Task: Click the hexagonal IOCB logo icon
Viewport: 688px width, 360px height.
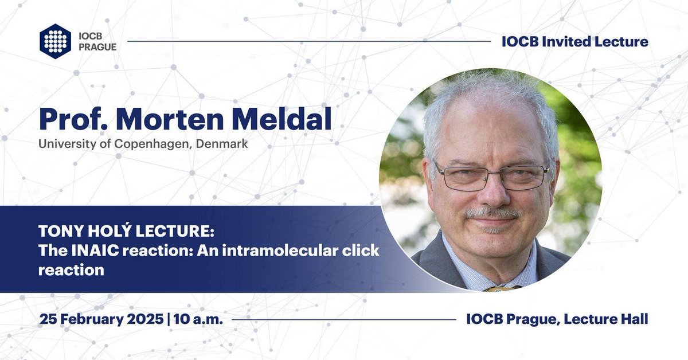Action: [x=56, y=41]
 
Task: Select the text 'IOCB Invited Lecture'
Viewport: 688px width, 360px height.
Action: [x=574, y=41]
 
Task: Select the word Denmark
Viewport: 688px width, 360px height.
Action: [x=221, y=144]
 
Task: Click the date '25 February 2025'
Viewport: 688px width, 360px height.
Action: [x=101, y=319]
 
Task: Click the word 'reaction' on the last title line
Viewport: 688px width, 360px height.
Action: [x=71, y=269]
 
